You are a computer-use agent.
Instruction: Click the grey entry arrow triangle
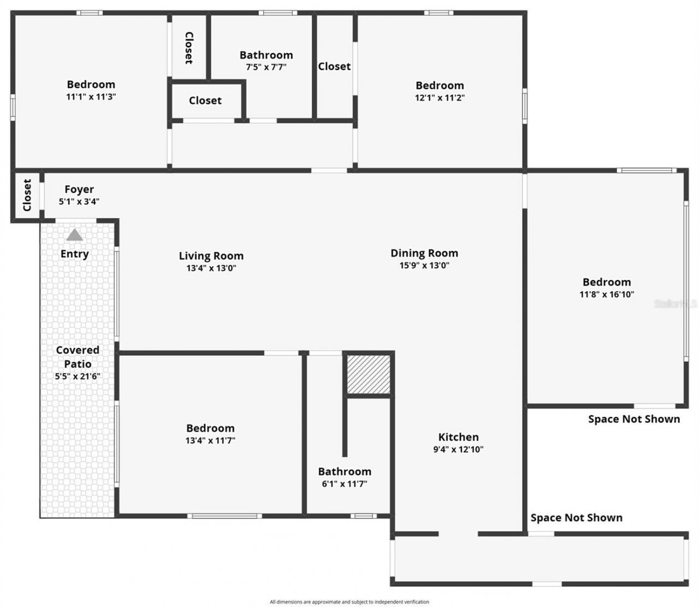coord(74,235)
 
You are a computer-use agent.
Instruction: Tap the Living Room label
coord(211,256)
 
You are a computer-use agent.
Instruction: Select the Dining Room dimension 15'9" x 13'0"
coord(424,266)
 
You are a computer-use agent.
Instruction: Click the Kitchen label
coord(458,437)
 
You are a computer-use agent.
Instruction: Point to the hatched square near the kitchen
coord(369,374)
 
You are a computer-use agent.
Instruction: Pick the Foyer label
coord(79,190)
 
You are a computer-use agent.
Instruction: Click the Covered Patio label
coord(78,357)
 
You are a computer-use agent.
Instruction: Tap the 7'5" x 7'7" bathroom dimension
coord(266,67)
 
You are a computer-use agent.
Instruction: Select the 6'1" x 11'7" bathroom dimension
coord(344,484)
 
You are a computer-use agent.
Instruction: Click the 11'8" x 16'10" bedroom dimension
coord(606,294)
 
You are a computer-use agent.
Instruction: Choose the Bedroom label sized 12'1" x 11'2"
coord(440,85)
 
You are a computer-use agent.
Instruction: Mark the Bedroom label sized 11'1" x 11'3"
coord(91,84)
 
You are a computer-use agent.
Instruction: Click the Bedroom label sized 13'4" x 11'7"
coord(210,428)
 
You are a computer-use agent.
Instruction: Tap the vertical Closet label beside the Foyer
coord(27,195)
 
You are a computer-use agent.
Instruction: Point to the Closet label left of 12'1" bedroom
coord(334,66)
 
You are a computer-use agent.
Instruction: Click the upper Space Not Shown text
coord(633,419)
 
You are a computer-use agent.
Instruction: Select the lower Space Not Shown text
coord(576,518)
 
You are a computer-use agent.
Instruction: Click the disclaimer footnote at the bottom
coord(349,602)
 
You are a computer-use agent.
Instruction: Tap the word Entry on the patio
coord(74,254)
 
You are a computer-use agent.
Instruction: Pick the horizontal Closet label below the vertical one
coord(205,101)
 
